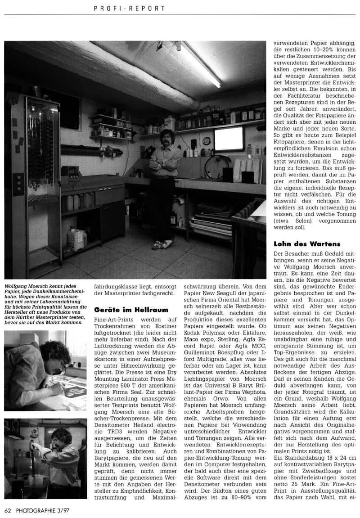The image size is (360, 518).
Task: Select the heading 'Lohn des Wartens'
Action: tap(306, 244)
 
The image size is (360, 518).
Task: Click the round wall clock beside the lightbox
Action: tap(206, 141)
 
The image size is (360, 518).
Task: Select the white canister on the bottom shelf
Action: tap(76, 237)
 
